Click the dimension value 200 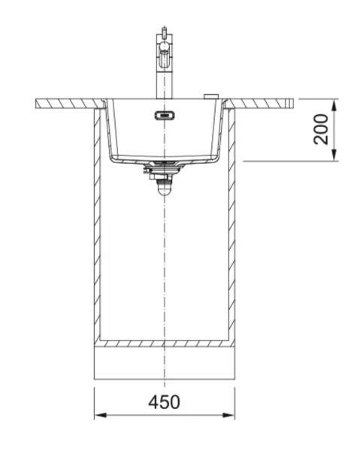tap(322, 129)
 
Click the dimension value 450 tap(164, 402)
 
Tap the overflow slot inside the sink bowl tap(163, 115)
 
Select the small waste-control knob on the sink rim tap(211, 96)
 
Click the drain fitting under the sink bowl tap(163, 172)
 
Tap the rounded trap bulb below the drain tap(163, 190)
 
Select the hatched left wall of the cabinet tap(97, 225)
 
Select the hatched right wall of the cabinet tap(231, 225)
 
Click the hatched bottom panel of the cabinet tap(164, 343)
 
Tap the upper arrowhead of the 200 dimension tap(334, 103)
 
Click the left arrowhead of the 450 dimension tap(98, 415)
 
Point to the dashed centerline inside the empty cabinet tap(163, 263)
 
